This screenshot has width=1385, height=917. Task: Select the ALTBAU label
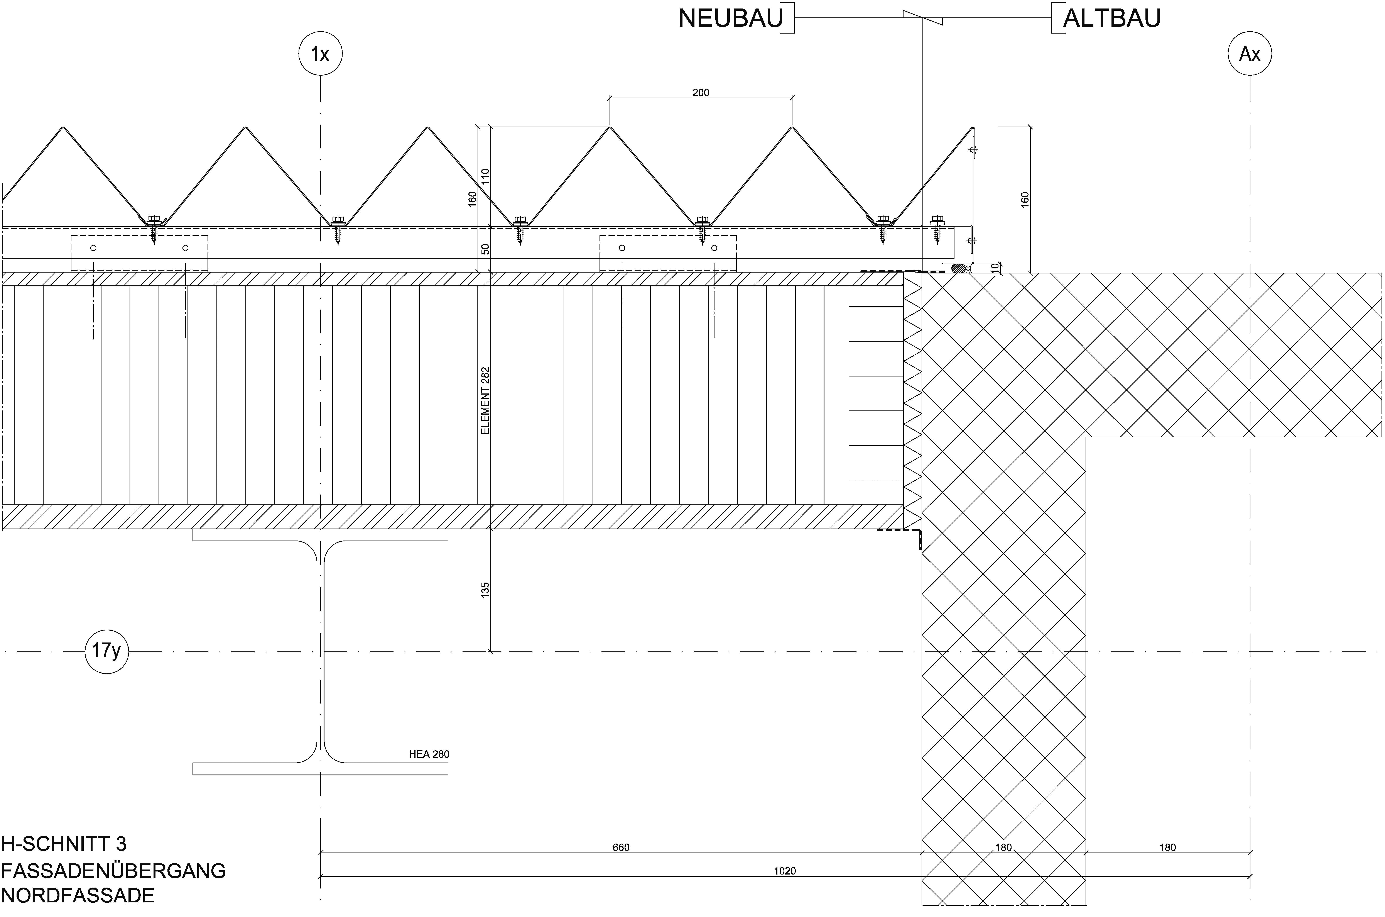point(1111,19)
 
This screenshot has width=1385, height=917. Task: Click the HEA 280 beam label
point(429,754)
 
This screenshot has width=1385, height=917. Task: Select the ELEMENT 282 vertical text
point(485,401)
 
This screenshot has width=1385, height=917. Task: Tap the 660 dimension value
point(621,848)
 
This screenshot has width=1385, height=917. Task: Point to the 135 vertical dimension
point(485,590)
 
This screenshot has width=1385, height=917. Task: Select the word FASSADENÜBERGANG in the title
point(113,871)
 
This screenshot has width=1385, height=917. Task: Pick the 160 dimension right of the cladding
point(1024,199)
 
